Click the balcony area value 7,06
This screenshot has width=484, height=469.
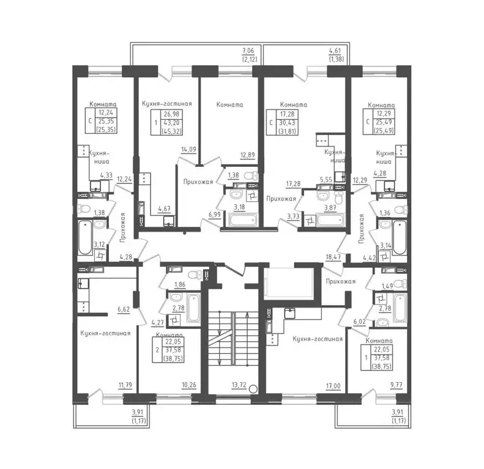tap(248, 50)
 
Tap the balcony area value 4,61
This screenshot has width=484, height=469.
tap(335, 50)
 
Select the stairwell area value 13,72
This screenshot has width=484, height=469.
tap(239, 385)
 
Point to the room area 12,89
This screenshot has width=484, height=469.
tap(248, 155)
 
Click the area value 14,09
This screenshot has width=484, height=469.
tap(188, 149)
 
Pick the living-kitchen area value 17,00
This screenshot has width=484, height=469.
tap(333, 386)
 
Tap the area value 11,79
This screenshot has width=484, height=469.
tap(125, 385)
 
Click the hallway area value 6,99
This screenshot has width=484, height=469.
tap(215, 214)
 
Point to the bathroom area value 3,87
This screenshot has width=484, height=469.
tap(330, 207)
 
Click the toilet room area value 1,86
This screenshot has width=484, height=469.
tap(180, 284)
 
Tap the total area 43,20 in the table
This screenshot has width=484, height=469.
tap(171, 122)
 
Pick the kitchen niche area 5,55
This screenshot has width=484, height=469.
tap(326, 180)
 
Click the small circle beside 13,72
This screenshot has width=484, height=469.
tap(253, 389)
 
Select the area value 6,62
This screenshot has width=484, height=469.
tap(124, 309)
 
